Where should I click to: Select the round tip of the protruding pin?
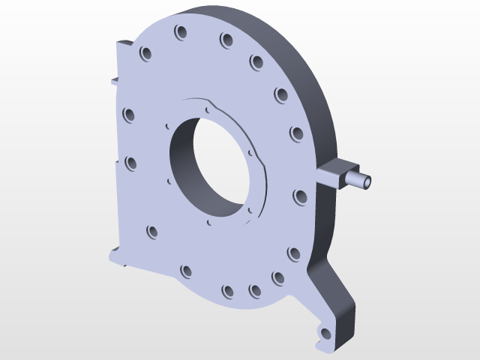(x=367, y=181)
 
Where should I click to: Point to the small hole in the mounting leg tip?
(x=325, y=332)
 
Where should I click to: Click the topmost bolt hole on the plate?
(x=181, y=32)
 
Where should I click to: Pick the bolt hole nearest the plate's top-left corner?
(x=145, y=54)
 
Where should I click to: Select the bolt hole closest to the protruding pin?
(x=299, y=196)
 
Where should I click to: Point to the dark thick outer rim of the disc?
(x=315, y=90)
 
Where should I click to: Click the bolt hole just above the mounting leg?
(x=293, y=253)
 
